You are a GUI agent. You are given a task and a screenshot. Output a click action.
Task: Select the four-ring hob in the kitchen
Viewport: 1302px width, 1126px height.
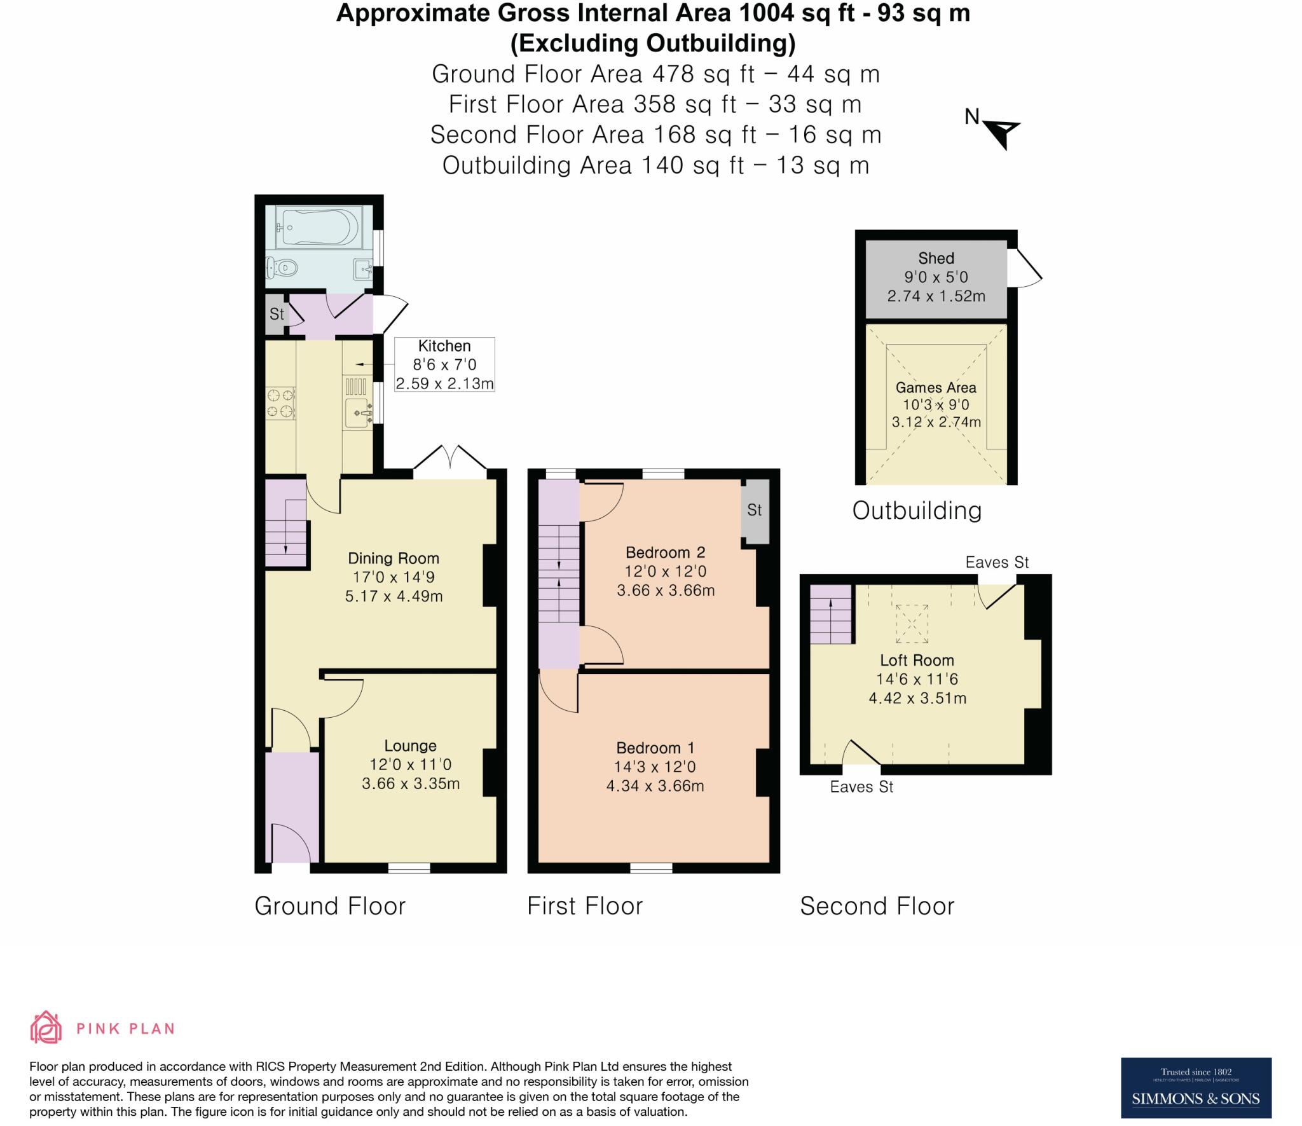280,403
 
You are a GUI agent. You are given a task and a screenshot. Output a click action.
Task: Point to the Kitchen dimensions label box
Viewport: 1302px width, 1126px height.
444,364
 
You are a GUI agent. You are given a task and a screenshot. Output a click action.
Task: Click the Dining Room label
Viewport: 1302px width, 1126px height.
394,558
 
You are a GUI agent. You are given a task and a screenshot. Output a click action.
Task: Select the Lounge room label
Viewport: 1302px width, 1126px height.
410,745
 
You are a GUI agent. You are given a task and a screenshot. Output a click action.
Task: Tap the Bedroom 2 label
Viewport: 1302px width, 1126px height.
666,552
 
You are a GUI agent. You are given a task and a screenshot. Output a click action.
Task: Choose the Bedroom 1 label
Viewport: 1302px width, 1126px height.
655,748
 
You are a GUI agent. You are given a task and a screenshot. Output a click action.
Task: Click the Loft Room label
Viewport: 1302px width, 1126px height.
917,660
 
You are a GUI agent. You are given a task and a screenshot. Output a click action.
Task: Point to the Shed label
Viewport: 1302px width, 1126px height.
936,258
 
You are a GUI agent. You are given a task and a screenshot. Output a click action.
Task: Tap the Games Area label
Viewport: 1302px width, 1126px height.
936,387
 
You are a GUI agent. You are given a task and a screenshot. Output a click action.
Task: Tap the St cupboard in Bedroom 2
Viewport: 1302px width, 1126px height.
755,511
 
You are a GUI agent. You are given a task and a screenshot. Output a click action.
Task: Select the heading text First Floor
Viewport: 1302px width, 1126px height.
585,906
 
